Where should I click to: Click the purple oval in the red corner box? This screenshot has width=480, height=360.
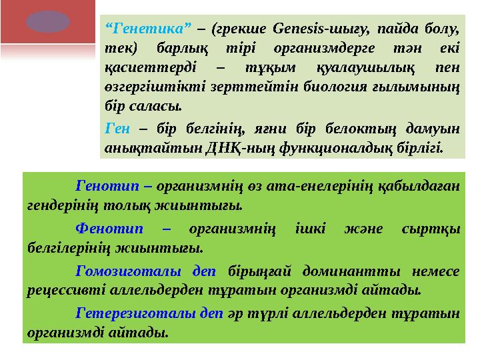click(x=47, y=23)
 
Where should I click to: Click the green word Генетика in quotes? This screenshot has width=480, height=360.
click(x=149, y=29)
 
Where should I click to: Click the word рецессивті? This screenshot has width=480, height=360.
click(x=62, y=289)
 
